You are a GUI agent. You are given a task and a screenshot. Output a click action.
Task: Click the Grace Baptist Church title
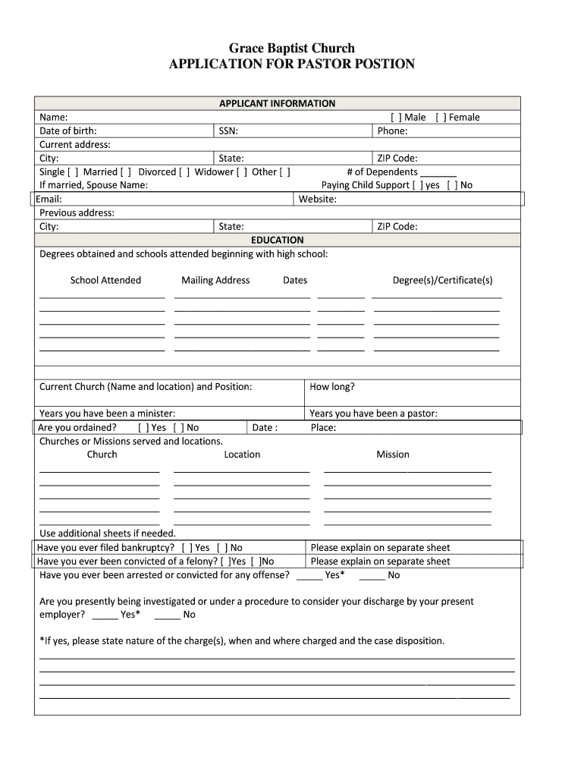click(292, 48)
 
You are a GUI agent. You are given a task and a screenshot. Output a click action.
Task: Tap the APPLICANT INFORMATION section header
click(277, 103)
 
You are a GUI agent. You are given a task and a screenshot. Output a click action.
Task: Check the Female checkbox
click(441, 117)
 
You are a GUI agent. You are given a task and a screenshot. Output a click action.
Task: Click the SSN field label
click(228, 131)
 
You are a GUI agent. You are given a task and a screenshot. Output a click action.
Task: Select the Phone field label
click(392, 131)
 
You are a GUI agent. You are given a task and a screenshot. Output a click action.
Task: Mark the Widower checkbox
click(242, 171)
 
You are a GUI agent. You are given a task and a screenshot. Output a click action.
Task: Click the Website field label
click(317, 199)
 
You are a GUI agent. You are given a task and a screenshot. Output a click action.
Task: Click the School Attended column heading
click(105, 280)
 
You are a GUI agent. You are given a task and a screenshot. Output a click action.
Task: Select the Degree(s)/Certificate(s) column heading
click(442, 280)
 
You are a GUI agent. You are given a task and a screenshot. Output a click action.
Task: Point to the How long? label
click(332, 386)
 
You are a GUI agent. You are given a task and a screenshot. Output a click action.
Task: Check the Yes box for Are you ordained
click(143, 427)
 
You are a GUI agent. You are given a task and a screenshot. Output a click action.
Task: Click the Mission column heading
click(393, 455)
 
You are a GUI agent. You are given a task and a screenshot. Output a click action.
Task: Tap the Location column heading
click(242, 455)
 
